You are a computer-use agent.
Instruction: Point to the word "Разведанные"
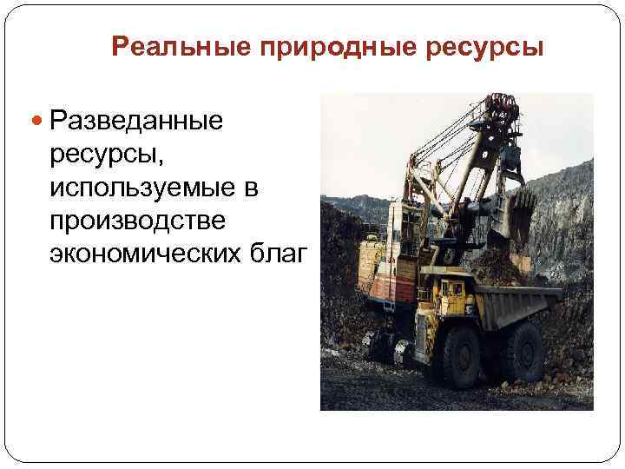136,119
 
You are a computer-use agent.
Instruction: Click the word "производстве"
137,221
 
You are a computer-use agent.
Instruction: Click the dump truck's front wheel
463,355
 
